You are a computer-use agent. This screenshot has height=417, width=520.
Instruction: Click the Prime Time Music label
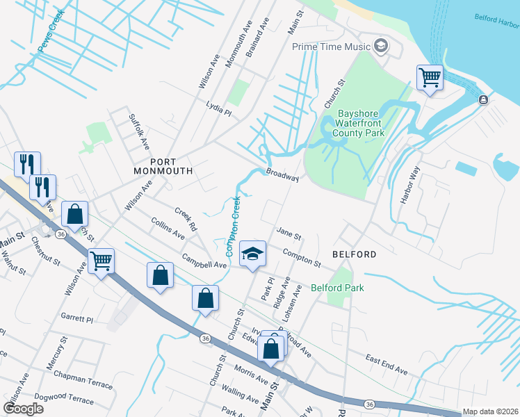tap(330, 47)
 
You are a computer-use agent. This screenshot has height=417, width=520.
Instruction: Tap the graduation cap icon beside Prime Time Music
tap(380, 47)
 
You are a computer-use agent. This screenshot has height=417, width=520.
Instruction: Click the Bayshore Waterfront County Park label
tap(361, 123)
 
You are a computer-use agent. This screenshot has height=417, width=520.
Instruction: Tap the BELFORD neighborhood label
tap(354, 254)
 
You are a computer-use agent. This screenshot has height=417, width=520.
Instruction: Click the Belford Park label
tap(337, 287)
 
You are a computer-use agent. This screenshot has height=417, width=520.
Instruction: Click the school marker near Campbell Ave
tap(253, 253)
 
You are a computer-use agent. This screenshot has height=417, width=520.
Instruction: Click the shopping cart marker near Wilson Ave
tap(101, 261)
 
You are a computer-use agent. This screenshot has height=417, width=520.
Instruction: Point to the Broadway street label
tap(282, 174)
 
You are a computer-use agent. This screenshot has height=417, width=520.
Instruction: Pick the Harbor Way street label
tap(411, 184)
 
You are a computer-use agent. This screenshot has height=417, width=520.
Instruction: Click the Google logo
tap(23, 408)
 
